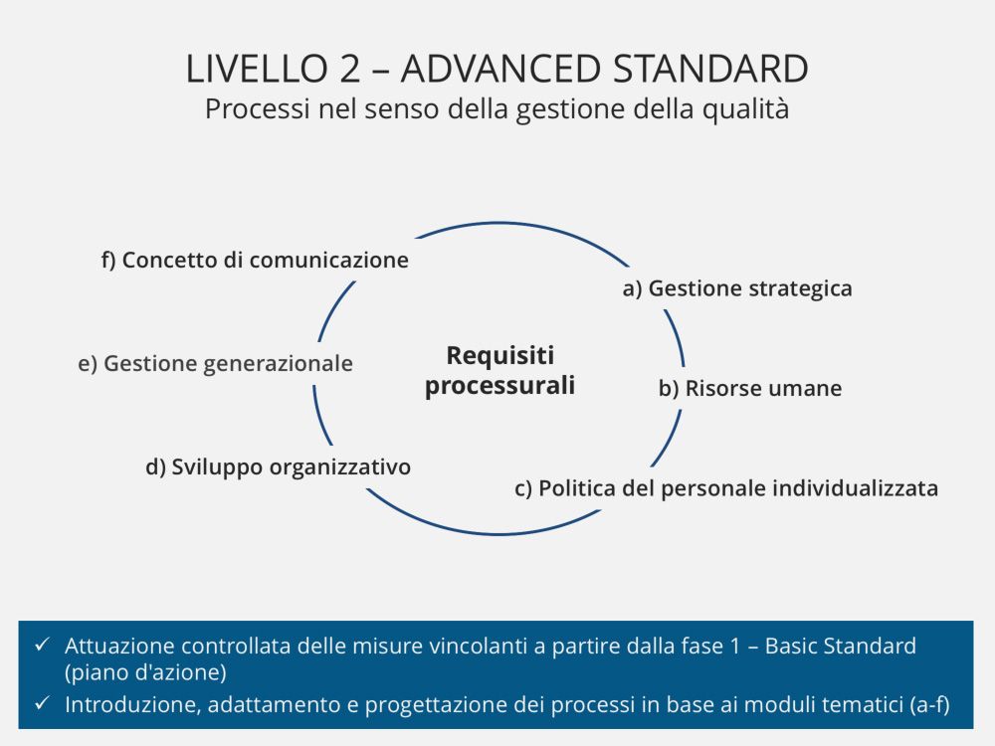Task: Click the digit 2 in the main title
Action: [349, 70]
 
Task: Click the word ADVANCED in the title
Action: [500, 70]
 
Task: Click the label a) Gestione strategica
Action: [737, 288]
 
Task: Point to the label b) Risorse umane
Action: [750, 388]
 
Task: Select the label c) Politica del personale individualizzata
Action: [726, 488]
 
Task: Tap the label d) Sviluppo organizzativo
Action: [278, 467]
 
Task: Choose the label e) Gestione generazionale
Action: [215, 364]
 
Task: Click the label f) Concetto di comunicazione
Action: [255, 260]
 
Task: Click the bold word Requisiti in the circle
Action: [500, 355]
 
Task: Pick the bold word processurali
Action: [500, 386]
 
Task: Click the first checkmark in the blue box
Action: [42, 646]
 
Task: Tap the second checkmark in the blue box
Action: [42, 703]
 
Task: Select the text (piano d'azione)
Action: [145, 672]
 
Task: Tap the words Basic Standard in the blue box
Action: [841, 646]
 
